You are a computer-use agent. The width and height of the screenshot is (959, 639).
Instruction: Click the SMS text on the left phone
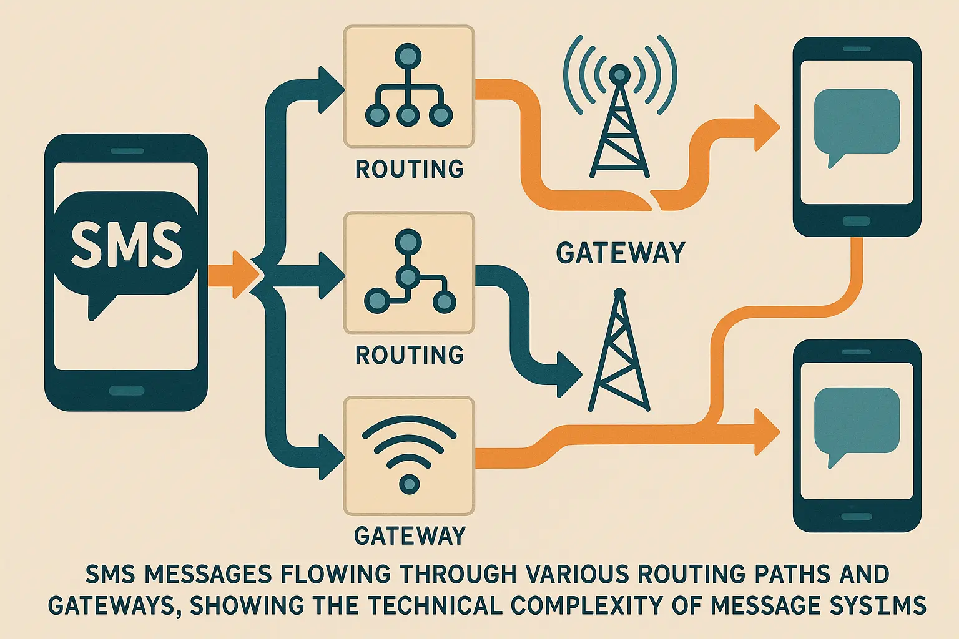point(127,243)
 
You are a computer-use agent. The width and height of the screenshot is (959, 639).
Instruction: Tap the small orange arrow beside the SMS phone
point(232,275)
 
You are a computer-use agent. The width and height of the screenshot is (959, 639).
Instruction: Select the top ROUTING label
point(409,169)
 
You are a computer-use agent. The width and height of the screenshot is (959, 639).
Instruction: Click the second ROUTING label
point(409,354)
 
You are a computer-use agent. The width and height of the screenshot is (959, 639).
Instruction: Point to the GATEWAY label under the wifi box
point(410,535)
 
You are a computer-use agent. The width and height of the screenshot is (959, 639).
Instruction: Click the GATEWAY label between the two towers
point(620,253)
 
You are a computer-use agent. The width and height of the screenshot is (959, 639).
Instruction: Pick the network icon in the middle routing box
point(409,274)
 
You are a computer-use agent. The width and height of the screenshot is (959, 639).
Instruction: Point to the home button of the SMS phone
point(126,391)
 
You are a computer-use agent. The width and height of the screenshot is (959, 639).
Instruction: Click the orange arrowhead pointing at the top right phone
point(766,128)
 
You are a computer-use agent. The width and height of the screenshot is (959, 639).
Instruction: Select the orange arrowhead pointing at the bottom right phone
point(766,432)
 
